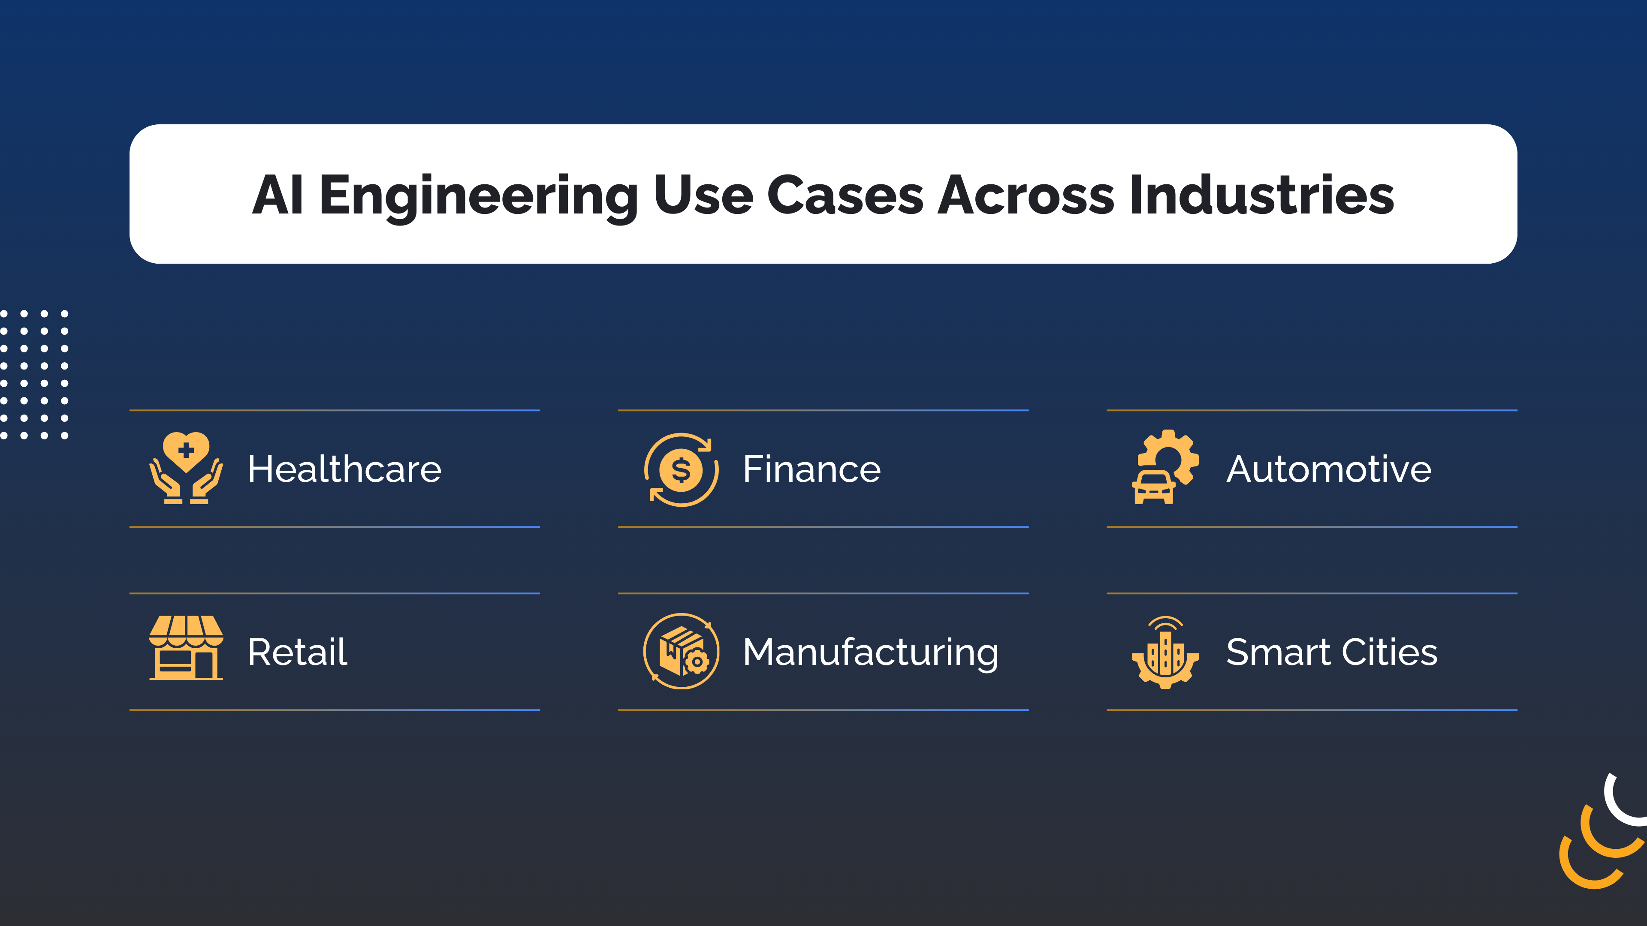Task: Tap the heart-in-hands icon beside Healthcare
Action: click(186, 468)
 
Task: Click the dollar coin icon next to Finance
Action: click(681, 470)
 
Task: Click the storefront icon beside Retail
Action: click(186, 648)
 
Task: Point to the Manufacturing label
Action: click(870, 652)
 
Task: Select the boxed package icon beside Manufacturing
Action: click(681, 651)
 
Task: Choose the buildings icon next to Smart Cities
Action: click(1165, 652)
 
